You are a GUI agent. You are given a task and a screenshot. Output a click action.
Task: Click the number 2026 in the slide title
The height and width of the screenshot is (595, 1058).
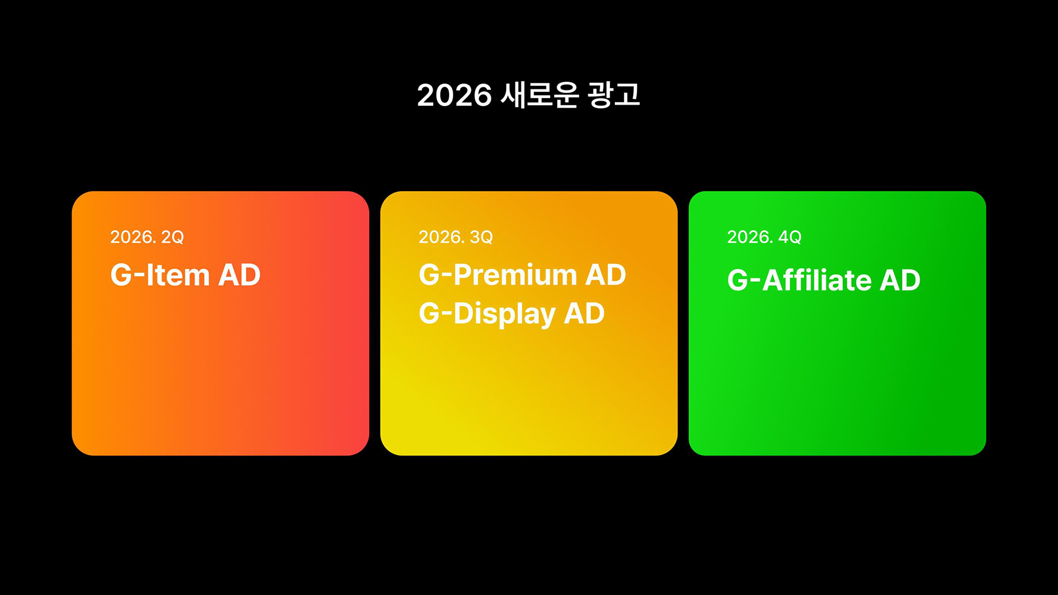[454, 95]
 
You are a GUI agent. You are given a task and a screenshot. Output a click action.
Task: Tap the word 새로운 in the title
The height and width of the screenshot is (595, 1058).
[540, 95]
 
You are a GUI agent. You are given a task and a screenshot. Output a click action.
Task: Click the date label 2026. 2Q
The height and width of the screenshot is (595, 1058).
[147, 237]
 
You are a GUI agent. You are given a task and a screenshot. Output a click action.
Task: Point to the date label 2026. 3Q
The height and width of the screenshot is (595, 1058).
[456, 237]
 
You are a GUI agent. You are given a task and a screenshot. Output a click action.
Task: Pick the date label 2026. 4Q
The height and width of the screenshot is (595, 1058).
[764, 237]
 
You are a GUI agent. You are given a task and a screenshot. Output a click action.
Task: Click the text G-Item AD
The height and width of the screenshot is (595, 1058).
[185, 275]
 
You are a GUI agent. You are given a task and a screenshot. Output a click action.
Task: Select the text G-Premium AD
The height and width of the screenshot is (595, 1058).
[523, 275]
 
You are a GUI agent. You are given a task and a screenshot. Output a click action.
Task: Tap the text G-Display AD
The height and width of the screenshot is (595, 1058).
[512, 314]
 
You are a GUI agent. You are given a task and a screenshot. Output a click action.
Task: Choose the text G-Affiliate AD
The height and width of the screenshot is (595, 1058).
[823, 280]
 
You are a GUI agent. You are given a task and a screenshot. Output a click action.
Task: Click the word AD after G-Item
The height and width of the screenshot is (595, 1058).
[239, 275]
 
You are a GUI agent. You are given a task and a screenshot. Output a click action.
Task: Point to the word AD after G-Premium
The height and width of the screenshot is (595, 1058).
[605, 275]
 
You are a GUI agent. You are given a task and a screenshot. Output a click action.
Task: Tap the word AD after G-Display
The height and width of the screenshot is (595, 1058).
[584, 313]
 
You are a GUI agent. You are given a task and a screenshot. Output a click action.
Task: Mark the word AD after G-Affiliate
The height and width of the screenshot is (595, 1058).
[900, 280]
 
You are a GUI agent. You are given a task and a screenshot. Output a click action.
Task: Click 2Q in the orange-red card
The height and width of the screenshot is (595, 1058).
[172, 237]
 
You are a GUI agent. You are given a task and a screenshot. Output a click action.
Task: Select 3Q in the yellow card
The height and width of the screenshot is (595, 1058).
[481, 237]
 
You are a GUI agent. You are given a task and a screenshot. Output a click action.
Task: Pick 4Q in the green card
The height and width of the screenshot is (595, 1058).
[789, 237]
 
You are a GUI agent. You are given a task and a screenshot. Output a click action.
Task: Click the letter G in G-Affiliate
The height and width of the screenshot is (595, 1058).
[738, 280]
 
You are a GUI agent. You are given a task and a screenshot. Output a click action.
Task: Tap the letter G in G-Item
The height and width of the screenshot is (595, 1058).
[121, 275]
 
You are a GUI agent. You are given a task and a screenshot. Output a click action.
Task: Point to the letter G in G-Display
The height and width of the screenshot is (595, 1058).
[430, 313]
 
